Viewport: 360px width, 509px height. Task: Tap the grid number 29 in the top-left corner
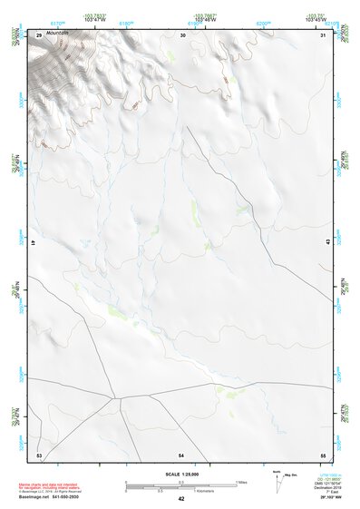click(x=39, y=34)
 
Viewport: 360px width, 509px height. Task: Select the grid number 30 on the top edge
click(x=184, y=34)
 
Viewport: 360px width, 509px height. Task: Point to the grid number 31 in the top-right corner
click(x=324, y=34)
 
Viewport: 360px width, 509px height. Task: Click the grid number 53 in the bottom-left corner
click(x=39, y=454)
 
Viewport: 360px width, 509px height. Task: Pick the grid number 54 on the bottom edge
click(x=181, y=454)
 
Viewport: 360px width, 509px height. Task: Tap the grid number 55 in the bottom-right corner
click(x=322, y=454)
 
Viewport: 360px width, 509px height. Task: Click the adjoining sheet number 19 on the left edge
click(x=33, y=243)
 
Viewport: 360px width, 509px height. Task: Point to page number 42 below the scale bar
click(x=181, y=499)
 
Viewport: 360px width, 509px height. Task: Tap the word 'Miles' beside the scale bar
click(x=240, y=482)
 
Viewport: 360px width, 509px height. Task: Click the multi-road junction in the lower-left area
click(x=115, y=396)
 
